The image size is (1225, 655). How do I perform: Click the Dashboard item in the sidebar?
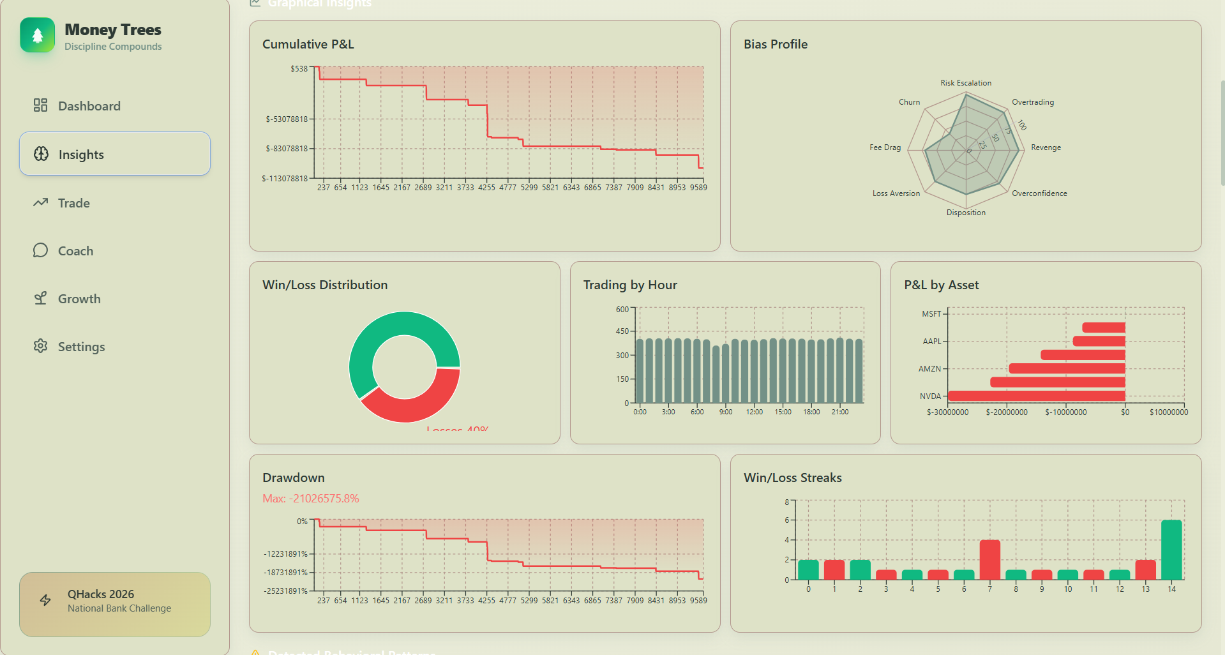pyautogui.click(x=89, y=106)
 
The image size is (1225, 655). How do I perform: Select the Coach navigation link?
pyautogui.click(x=75, y=251)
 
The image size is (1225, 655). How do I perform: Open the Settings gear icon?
pyautogui.click(x=41, y=346)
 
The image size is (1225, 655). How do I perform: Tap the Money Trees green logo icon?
pyautogui.click(x=38, y=35)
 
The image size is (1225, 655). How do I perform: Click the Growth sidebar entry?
pyautogui.click(x=79, y=299)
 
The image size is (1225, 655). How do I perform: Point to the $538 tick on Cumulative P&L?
pyautogui.click(x=299, y=69)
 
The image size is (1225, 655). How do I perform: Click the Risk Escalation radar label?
pyautogui.click(x=965, y=83)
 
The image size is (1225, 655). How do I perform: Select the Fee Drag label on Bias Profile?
pyautogui.click(x=885, y=147)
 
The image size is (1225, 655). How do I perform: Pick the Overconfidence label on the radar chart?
pyautogui.click(x=1039, y=193)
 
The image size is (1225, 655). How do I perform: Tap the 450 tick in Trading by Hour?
pyautogui.click(x=622, y=331)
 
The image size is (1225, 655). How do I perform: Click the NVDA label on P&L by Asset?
pyautogui.click(x=930, y=396)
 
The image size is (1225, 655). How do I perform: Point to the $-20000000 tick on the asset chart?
pyautogui.click(x=1006, y=412)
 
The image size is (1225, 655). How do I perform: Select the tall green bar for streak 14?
pyautogui.click(x=1171, y=549)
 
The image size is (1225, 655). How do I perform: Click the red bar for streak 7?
pyautogui.click(x=989, y=559)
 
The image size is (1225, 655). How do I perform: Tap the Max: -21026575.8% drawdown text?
pyautogui.click(x=311, y=499)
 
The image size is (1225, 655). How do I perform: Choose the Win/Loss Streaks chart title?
pyautogui.click(x=792, y=478)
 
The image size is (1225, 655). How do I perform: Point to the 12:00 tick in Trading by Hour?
pyautogui.click(x=754, y=412)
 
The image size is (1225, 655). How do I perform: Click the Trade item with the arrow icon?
pyautogui.click(x=73, y=203)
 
